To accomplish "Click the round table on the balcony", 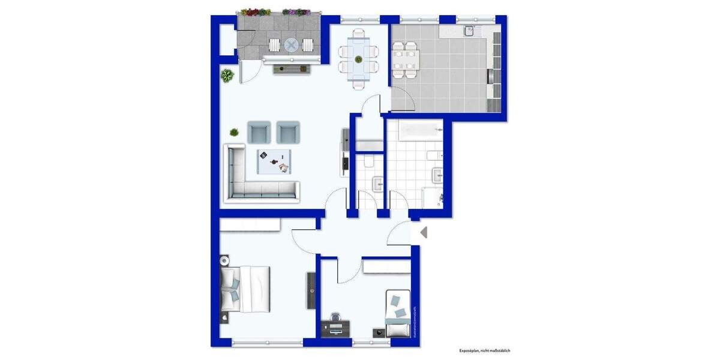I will (292, 45).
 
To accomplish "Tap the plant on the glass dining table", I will (358, 59).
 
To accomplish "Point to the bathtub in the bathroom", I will (415, 129).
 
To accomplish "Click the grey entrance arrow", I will (423, 232).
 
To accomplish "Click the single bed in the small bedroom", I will (398, 314).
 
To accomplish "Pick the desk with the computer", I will (337, 328).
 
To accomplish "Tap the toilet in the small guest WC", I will (367, 162).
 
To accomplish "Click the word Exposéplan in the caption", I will (470, 350).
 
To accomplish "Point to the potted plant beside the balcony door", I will (227, 76).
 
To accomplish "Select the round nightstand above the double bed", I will (224, 261).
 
